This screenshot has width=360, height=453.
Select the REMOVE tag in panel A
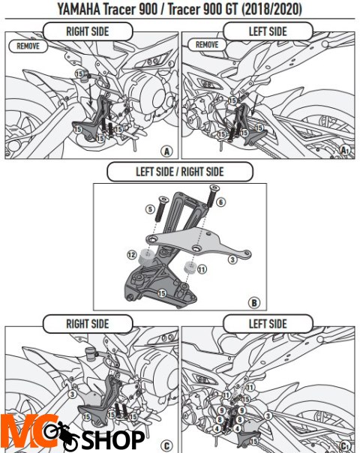coord(28,46)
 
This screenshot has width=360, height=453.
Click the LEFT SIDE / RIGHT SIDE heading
coord(179,172)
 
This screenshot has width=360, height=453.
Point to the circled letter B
coord(253,303)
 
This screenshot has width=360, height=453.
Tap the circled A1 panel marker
coord(345,150)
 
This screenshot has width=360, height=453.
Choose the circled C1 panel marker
coord(345,443)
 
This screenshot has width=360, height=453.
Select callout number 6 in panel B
coord(220,202)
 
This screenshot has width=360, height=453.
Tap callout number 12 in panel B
coord(132,255)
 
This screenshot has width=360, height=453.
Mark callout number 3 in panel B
coord(233,259)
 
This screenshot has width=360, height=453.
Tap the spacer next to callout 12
coord(149,257)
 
